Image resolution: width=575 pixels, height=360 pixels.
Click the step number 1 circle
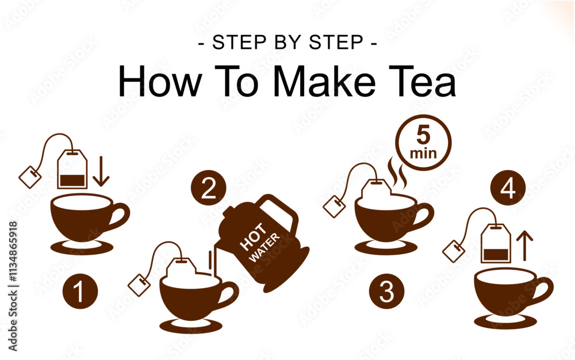coord(80,292)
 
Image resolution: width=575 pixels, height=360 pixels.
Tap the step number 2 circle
coord(208,188)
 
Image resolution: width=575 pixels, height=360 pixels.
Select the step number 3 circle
coord(386,292)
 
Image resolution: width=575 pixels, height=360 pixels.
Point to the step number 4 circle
coord(508,188)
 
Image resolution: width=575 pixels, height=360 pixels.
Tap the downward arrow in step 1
coord(101,171)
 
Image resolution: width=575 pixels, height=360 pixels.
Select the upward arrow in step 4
coord(525,246)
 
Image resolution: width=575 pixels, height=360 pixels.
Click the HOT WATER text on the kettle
coord(260,242)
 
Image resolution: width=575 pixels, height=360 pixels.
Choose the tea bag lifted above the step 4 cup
coord(496,243)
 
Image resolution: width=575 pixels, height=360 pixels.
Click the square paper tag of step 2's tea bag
coord(139,285)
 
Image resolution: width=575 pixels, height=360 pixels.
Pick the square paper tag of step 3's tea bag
coord(334,207)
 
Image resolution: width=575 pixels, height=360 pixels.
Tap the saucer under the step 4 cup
coord(505,321)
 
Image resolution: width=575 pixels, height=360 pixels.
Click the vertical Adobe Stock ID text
coord(13,286)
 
